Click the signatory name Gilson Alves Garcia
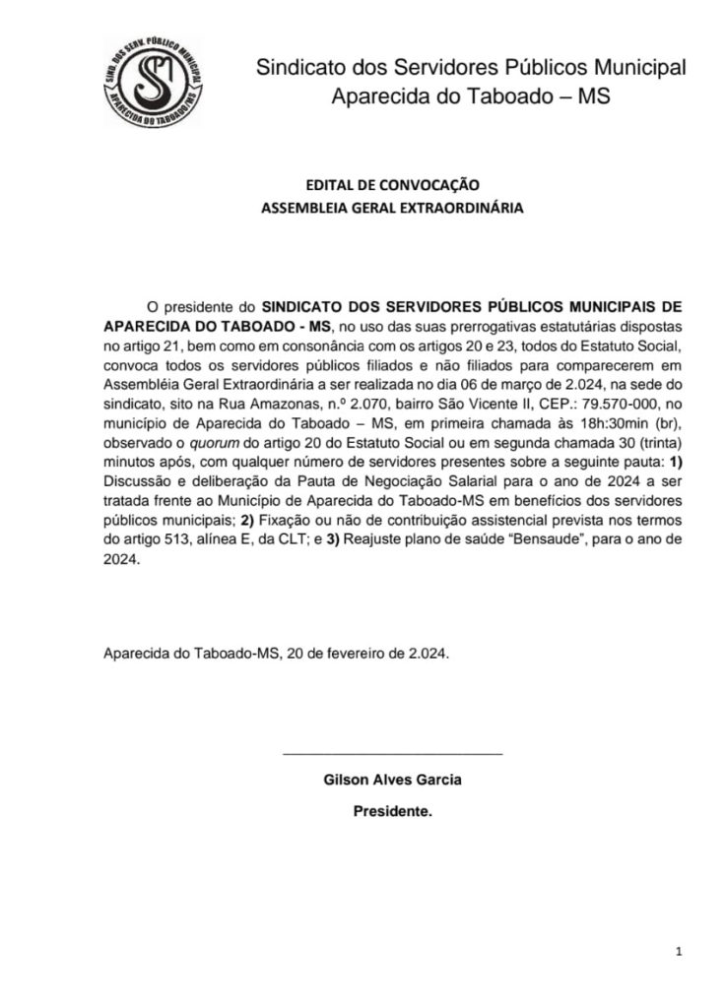(392, 780)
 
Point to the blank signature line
(392, 753)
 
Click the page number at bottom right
(679, 951)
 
